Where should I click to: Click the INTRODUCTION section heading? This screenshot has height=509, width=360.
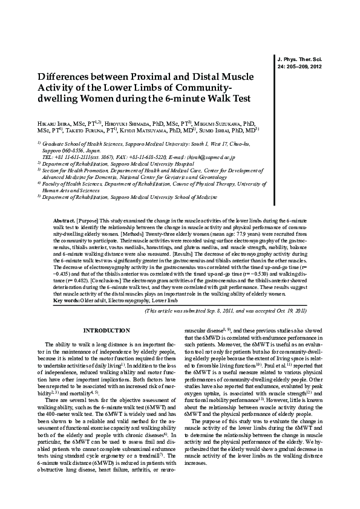pyautogui.click(x=106, y=330)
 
